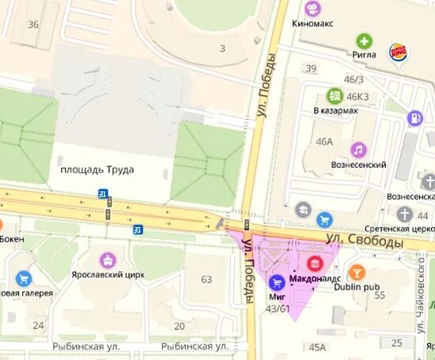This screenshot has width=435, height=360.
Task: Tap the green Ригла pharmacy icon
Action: [x=364, y=41]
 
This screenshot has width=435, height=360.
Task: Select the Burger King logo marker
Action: [x=398, y=53]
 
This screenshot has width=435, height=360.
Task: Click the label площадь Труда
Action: [x=97, y=169]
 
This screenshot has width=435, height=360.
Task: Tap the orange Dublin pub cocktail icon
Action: [x=357, y=271]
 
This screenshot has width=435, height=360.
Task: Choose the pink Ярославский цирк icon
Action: [x=108, y=260]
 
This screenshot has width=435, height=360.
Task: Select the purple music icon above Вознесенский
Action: [x=358, y=149]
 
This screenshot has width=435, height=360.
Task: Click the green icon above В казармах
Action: [x=335, y=95]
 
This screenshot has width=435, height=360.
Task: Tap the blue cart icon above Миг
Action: [x=277, y=282]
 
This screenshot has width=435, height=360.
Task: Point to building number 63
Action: [x=206, y=279]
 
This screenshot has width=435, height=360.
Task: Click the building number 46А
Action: [x=324, y=142]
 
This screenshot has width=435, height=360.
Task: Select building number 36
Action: [x=32, y=25]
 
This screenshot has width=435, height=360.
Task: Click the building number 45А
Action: [x=317, y=347]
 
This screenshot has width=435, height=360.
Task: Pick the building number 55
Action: [x=379, y=295]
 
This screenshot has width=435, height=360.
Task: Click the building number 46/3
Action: [x=354, y=80]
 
